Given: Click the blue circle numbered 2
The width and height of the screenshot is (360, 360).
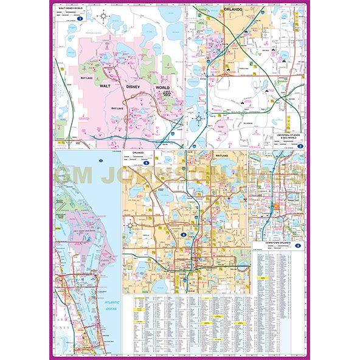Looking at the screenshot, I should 299,146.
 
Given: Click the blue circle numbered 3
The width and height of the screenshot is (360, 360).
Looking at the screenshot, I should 147,163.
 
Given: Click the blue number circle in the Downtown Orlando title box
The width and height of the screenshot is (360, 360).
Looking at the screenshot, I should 297,244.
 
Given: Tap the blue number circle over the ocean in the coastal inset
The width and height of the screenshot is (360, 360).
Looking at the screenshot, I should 100,161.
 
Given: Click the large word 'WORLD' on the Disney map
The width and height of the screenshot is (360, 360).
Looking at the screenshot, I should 162,87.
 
